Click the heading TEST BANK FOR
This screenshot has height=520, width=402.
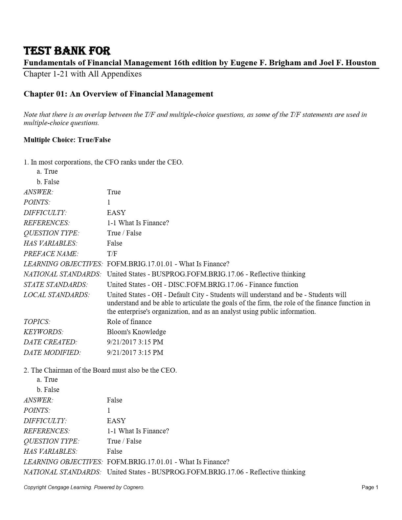click(x=67, y=51)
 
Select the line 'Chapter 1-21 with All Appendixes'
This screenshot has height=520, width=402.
click(x=82, y=74)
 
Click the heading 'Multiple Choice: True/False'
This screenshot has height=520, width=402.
click(x=67, y=140)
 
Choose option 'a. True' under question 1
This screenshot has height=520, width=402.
click(x=47, y=171)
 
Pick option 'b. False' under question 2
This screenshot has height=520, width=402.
click(x=48, y=390)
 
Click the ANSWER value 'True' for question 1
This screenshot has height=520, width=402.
click(x=114, y=192)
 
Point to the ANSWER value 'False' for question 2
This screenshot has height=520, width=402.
click(x=114, y=400)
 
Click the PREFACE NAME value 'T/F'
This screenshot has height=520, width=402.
click(x=112, y=254)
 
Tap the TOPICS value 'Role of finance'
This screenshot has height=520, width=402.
click(x=129, y=322)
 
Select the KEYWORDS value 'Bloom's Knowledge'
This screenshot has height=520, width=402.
click(x=136, y=332)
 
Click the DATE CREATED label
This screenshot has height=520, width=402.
click(x=50, y=342)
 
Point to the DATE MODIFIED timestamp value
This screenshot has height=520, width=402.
click(x=135, y=353)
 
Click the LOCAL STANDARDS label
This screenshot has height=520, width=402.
click(x=56, y=295)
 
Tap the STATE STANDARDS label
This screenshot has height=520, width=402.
click(x=56, y=285)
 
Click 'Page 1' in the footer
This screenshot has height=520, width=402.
click(x=370, y=487)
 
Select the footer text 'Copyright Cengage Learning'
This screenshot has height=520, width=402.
click(x=57, y=487)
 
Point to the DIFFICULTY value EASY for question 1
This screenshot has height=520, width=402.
click(x=116, y=213)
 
